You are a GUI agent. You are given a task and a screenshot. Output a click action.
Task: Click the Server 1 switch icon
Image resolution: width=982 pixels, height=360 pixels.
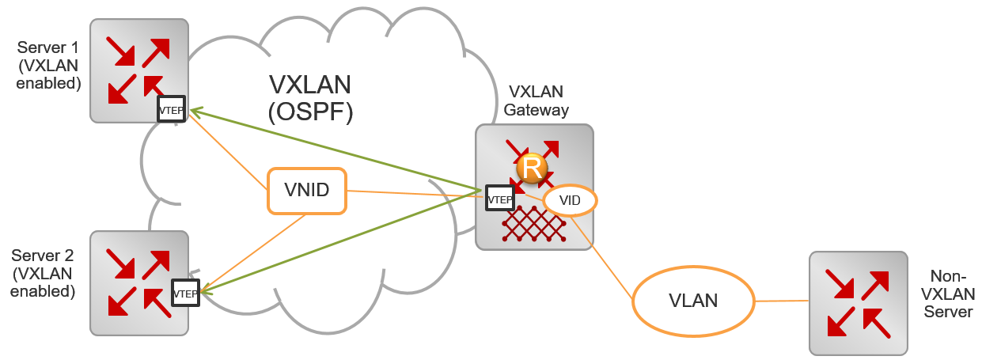click(x=138, y=70)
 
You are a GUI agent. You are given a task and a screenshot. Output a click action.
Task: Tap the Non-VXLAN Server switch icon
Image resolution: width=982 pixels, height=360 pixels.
click(x=859, y=303)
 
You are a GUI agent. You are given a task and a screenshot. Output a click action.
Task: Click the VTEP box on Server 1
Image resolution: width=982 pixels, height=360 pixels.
click(x=172, y=110)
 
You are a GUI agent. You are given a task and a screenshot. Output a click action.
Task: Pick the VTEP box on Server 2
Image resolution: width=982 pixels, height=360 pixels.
click(x=185, y=294)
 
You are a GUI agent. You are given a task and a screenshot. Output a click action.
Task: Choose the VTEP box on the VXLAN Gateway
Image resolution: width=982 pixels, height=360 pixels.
click(x=499, y=200)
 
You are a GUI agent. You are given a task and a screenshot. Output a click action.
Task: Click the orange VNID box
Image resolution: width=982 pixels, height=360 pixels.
click(x=307, y=191)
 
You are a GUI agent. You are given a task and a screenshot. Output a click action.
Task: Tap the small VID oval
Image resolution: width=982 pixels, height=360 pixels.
click(x=570, y=201)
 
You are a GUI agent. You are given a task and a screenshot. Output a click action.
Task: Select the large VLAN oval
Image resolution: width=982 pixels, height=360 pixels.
click(x=693, y=301)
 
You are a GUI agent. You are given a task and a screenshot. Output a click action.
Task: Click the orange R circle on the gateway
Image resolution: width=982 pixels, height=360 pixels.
click(x=532, y=168)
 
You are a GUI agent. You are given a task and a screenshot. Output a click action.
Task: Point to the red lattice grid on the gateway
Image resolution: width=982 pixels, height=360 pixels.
click(x=535, y=225)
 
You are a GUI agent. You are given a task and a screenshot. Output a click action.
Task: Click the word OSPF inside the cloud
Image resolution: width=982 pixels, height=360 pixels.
click(x=310, y=112)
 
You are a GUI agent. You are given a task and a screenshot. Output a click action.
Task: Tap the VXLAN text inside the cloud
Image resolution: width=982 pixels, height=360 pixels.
click(x=310, y=84)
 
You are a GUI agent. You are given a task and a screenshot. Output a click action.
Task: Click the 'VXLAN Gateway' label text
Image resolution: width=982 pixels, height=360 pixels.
click(x=538, y=100)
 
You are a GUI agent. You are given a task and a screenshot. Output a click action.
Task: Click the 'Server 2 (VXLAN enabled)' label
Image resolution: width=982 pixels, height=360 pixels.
click(x=44, y=273)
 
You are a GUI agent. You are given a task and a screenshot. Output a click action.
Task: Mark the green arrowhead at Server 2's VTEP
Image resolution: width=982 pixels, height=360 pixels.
click(x=207, y=292)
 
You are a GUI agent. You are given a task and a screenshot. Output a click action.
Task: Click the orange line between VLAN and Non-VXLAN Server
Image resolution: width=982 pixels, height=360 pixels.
click(x=782, y=301)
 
